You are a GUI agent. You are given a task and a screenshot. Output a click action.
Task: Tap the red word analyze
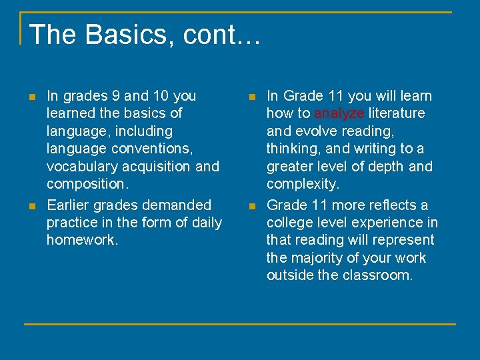339,113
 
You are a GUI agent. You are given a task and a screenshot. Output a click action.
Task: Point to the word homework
82,240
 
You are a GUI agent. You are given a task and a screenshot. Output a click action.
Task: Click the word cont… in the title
211,35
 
